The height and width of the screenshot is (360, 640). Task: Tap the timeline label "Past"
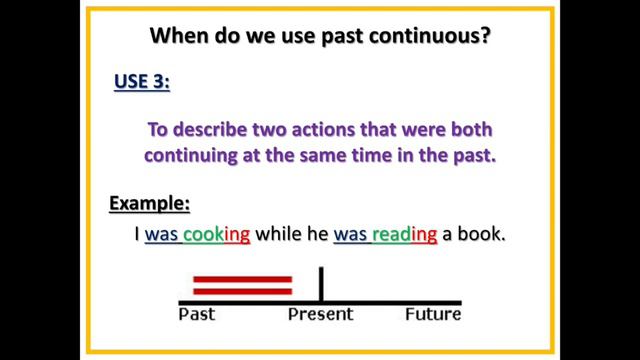(x=197, y=315)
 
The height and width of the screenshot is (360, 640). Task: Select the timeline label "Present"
(x=320, y=315)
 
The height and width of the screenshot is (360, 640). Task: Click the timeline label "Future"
(x=433, y=315)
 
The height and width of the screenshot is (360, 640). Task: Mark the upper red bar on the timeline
(x=242, y=279)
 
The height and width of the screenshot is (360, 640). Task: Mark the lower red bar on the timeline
(x=242, y=291)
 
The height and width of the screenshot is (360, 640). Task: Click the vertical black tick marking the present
(x=321, y=284)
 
